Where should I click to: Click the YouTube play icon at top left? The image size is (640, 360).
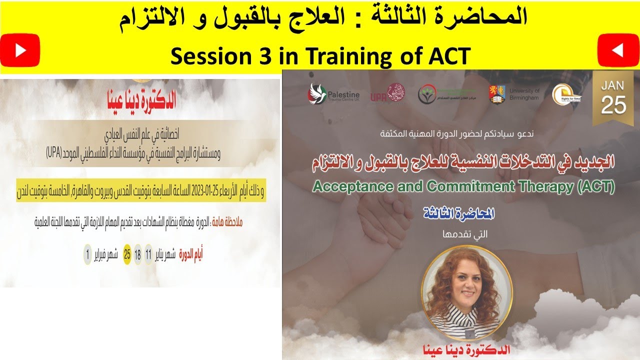pyautogui.click(x=20, y=50)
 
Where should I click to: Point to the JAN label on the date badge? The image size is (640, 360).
pyautogui.click(x=613, y=85)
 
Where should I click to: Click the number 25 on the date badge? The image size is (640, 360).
pyautogui.click(x=613, y=105)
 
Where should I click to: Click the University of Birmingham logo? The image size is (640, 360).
pyautogui.click(x=514, y=94)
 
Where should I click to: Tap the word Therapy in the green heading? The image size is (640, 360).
pyautogui.click(x=549, y=187)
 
